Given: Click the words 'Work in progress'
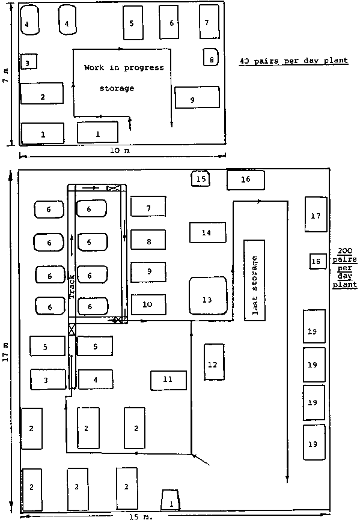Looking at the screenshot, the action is (124, 68).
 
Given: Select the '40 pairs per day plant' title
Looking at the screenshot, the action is (294, 61).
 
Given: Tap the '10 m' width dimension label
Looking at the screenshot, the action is (120, 151).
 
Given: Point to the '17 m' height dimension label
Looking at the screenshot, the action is (5, 351).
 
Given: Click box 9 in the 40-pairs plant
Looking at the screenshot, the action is (197, 97).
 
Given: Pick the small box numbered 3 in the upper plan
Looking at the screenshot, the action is (28, 62).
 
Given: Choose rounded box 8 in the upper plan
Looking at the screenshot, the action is (211, 57).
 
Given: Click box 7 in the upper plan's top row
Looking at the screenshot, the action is (209, 22).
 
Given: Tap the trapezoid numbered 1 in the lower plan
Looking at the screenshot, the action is (171, 500).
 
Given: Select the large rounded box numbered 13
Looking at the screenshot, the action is (208, 296).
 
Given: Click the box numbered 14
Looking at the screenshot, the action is (208, 232).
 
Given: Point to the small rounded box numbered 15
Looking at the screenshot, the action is (200, 179).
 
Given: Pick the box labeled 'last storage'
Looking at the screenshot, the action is (254, 280).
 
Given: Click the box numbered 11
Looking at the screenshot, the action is (168, 380).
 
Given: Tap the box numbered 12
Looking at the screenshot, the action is (214, 362).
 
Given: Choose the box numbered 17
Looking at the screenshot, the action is (316, 214).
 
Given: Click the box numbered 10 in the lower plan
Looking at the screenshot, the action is (148, 304).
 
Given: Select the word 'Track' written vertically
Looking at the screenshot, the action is (72, 286).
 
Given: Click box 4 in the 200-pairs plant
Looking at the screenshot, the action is (96, 379).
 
